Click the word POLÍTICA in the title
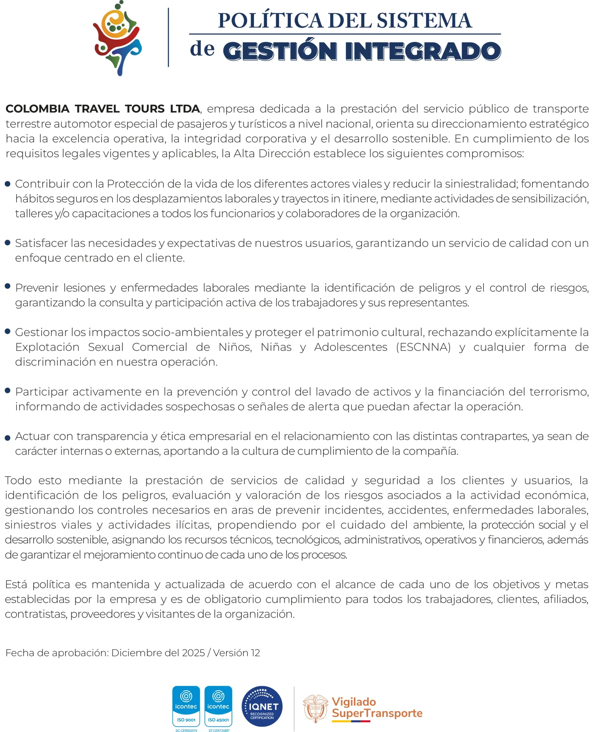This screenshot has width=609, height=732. [x=270, y=21]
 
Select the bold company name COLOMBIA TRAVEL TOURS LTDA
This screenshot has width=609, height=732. [x=103, y=109]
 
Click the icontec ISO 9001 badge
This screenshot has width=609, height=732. [x=186, y=706]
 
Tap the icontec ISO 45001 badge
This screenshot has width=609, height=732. [x=218, y=706]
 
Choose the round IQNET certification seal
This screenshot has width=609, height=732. [x=262, y=706]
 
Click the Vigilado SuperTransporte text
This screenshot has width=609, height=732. [x=377, y=708]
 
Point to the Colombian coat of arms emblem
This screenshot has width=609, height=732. [x=315, y=708]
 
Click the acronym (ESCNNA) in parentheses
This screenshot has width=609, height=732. [x=423, y=347]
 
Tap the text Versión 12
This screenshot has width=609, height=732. [x=237, y=653]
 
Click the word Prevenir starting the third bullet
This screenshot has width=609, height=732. [x=37, y=288]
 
